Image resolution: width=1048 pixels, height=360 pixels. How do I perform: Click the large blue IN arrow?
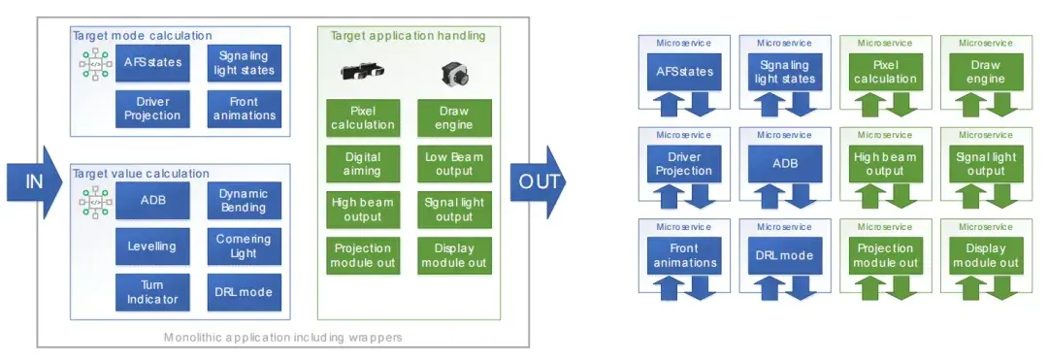33,181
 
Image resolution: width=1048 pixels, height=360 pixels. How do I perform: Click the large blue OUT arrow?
538,181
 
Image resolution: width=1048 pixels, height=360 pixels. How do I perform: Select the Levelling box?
152,245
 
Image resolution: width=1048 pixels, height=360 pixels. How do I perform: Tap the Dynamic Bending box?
244,200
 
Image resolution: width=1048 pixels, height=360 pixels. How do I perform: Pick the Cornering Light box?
244,245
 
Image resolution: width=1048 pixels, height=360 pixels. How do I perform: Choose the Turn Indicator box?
152,292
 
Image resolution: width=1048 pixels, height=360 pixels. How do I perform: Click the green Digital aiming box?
363,164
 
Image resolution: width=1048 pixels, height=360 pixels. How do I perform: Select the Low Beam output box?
454,164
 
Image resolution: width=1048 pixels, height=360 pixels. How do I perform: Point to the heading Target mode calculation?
142,35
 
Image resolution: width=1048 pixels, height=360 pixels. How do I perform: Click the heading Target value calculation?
141,173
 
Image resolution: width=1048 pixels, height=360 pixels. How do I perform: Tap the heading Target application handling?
408,35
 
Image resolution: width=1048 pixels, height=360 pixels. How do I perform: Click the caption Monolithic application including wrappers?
283,338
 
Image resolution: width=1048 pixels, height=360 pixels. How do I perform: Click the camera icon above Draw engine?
454,74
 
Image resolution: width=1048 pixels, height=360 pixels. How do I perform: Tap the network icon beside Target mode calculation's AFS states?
95,63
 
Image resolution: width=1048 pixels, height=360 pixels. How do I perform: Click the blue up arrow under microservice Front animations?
671,287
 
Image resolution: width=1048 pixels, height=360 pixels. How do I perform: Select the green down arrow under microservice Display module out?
1000,287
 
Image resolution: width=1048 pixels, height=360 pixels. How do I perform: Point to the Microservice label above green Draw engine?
986,43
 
